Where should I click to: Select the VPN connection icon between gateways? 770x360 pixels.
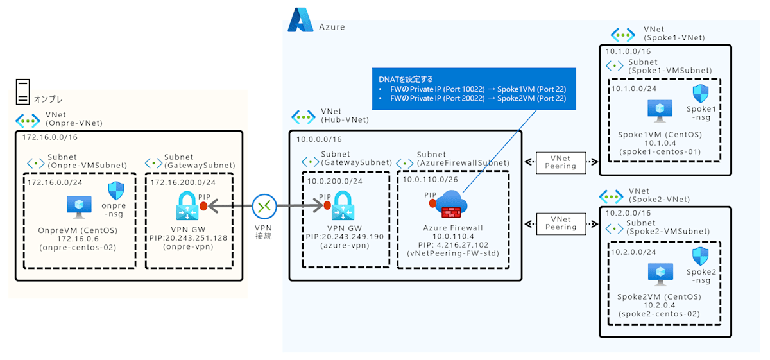pyautogui.click(x=264, y=206)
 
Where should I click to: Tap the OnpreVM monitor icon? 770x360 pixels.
pyautogui.click(x=80, y=207)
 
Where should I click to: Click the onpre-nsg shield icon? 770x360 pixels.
pyautogui.click(x=116, y=191)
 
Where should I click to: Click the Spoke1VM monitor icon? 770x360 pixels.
pyautogui.click(x=658, y=110)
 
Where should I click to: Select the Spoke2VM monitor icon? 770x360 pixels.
pyautogui.click(x=658, y=273)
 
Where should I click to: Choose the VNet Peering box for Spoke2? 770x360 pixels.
pyautogui.click(x=560, y=223)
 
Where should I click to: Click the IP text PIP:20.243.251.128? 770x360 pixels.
pyautogui.click(x=189, y=237)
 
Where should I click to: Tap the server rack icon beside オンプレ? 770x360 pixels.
pyautogui.click(x=22, y=91)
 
